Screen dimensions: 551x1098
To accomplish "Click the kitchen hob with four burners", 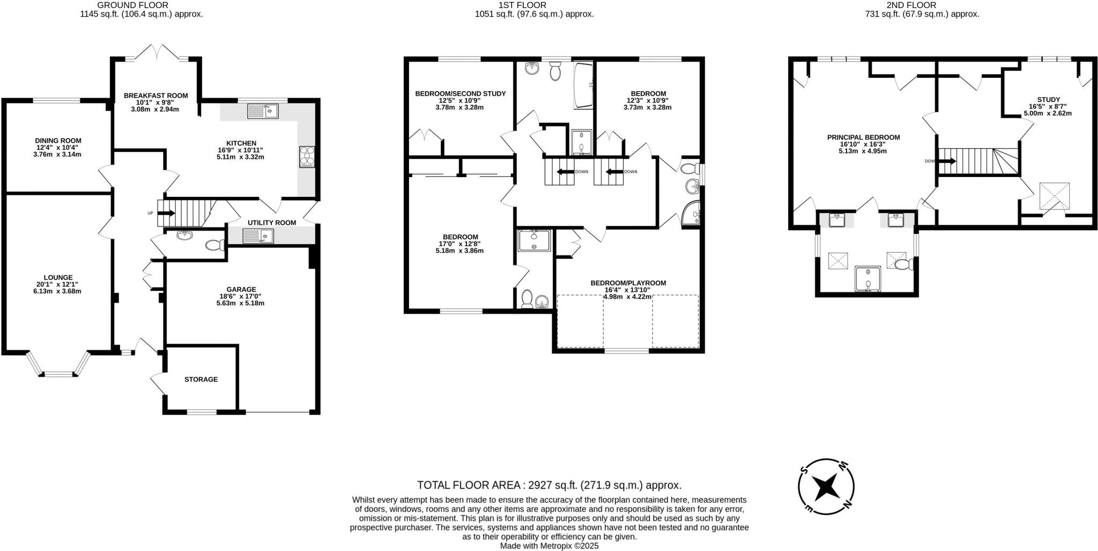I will coord(307,157).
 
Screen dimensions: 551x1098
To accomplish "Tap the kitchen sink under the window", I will coord(263,112).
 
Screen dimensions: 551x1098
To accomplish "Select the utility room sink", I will coord(258,236).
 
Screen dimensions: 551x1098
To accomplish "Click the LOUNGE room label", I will coord(58,277).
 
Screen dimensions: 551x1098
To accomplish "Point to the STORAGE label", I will coord(201,379).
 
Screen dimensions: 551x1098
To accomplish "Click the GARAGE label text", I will coord(241,289).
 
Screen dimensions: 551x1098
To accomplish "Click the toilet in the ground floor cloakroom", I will coord(216,245).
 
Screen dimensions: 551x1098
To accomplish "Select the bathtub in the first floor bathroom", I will coord(583,86).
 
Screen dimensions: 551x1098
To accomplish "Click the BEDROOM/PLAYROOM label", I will coord(628,283).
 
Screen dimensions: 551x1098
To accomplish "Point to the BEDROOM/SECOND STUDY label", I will coord(460,93).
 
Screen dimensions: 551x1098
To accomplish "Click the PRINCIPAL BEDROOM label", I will coord(863,137).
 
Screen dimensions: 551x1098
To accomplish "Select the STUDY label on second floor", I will coord(1048,99).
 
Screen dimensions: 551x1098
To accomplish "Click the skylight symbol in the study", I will coord(1054,196).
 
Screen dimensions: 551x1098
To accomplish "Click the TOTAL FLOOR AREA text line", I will coord(549,485).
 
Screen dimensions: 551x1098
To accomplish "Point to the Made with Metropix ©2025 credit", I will coord(549,546).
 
